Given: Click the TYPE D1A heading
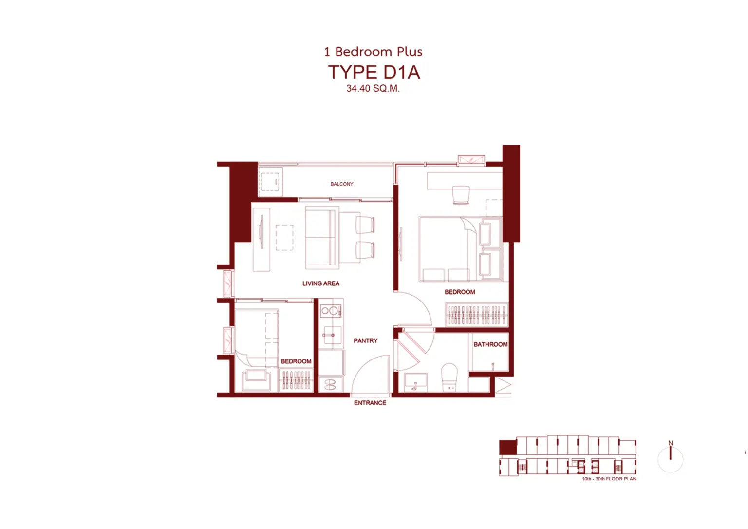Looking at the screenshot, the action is tap(374, 72).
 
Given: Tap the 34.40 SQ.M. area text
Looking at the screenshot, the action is tap(373, 89).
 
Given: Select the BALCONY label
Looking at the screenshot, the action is tap(341, 184).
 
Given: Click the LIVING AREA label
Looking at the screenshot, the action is tap(320, 283).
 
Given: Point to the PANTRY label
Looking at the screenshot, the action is tap(365, 340).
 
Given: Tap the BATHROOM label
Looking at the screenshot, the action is tap(490, 344).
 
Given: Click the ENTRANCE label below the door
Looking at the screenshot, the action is tap(370, 403).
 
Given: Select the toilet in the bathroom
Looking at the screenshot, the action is tap(449, 377).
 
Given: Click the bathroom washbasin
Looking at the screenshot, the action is tap(415, 382).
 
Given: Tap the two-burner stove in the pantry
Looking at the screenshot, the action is tap(331, 311).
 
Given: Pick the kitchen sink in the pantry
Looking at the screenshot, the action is tap(332, 335).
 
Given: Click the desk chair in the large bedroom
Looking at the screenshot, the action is tap(461, 195).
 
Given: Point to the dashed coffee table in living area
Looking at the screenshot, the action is tap(284, 237).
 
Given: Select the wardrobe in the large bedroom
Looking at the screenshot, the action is tap(477, 315).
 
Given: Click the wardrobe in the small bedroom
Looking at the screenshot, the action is tap(296, 380).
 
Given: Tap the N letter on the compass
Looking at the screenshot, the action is tap(670, 443).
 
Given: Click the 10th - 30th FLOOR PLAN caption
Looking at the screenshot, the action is tap(609, 479).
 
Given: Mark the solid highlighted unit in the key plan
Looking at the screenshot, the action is tap(508, 448).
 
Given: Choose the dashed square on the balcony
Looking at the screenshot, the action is tap(270, 182).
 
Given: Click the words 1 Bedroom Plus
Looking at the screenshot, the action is tap(373, 52).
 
